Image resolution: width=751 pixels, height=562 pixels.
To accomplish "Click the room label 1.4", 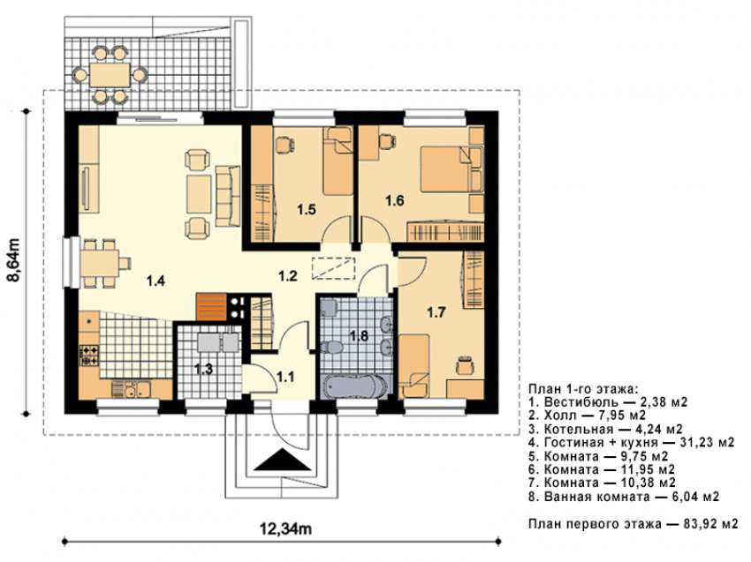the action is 156,281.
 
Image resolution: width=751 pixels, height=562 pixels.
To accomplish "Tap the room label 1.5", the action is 306,209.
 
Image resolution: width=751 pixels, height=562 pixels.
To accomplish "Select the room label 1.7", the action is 436,313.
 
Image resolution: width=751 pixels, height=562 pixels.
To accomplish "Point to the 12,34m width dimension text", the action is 286,528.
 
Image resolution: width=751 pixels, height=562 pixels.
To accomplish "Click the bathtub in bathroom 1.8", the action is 355,386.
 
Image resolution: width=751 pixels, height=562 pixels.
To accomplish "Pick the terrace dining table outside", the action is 110,75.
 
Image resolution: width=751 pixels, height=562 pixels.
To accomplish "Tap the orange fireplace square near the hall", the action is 211,306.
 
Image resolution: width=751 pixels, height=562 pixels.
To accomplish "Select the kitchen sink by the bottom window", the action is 137,388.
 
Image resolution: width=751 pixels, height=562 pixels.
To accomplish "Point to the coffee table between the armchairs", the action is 199,194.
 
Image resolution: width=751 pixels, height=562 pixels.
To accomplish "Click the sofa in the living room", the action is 227,196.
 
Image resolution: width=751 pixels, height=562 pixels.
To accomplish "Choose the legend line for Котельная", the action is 606,429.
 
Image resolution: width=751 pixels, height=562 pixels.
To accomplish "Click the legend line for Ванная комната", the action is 624,497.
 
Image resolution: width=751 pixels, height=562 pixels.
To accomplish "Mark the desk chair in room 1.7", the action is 464,366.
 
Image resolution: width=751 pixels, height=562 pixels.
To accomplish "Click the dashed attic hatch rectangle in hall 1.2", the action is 333,268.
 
